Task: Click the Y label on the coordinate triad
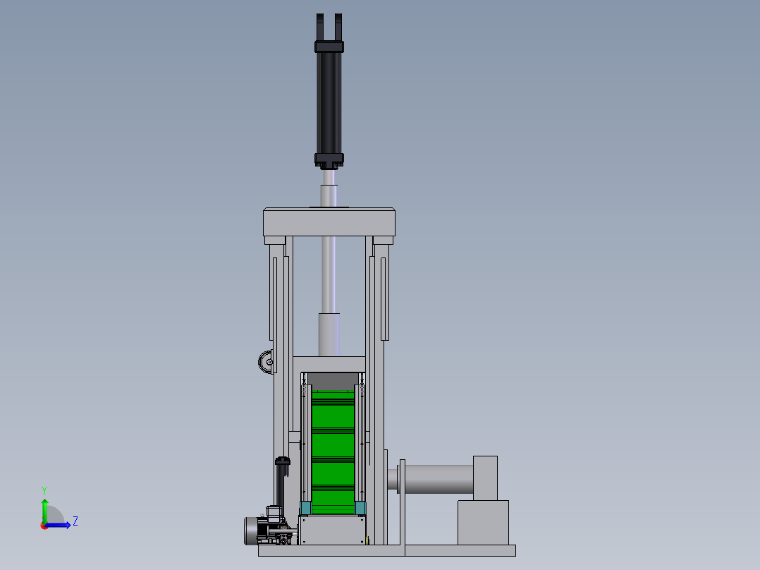coord(44,491)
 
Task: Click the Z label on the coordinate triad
coord(75,521)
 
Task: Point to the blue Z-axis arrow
coord(58,526)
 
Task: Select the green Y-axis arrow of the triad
coord(44,511)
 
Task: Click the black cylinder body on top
coord(329,103)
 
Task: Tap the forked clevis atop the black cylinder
coord(329,28)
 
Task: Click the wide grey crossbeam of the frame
coord(329,223)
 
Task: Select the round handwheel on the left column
coord(266,363)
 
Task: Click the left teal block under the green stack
coord(305,508)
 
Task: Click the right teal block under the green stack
coord(360,508)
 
